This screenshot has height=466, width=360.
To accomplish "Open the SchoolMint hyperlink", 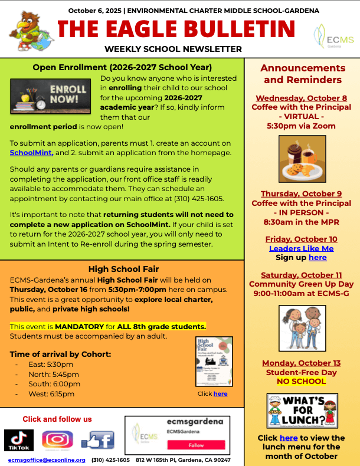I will pyautogui.click(x=31, y=153).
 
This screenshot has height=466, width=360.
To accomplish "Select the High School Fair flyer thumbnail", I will pyautogui.click(x=214, y=361).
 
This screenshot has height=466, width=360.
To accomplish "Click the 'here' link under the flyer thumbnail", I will pyautogui.click(x=220, y=393).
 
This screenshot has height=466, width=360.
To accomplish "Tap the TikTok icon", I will pyautogui.click(x=19, y=440).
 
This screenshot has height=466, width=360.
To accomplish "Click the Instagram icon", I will pyautogui.click(x=57, y=440).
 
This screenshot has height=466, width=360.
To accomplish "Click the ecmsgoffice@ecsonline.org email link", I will pyautogui.click(x=47, y=460).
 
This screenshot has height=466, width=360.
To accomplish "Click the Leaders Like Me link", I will pyautogui.click(x=301, y=248).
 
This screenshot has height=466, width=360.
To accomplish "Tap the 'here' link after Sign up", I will pyautogui.click(x=317, y=258).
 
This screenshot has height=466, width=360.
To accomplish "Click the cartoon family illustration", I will pyautogui.click(x=302, y=329).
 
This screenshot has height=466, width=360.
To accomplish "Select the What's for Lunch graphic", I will pyautogui.click(x=302, y=411).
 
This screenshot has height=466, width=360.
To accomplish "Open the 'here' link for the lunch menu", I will pyautogui.click(x=288, y=438).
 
